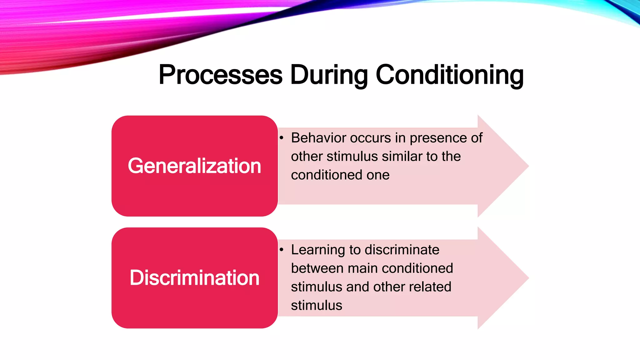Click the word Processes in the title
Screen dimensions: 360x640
pyautogui.click(x=221, y=75)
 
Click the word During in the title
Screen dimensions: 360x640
pyautogui.click(x=329, y=75)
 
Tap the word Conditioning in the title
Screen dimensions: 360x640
pyautogui.click(x=449, y=75)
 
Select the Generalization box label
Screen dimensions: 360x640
pyautogui.click(x=194, y=166)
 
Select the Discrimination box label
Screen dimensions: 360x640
pyautogui.click(x=194, y=278)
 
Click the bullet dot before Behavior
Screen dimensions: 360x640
pyautogui.click(x=282, y=138)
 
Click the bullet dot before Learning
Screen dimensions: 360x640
pyautogui.click(x=282, y=250)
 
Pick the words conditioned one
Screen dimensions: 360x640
pyautogui.click(x=340, y=175)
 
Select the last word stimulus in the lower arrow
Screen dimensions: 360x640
pyautogui.click(x=316, y=305)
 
